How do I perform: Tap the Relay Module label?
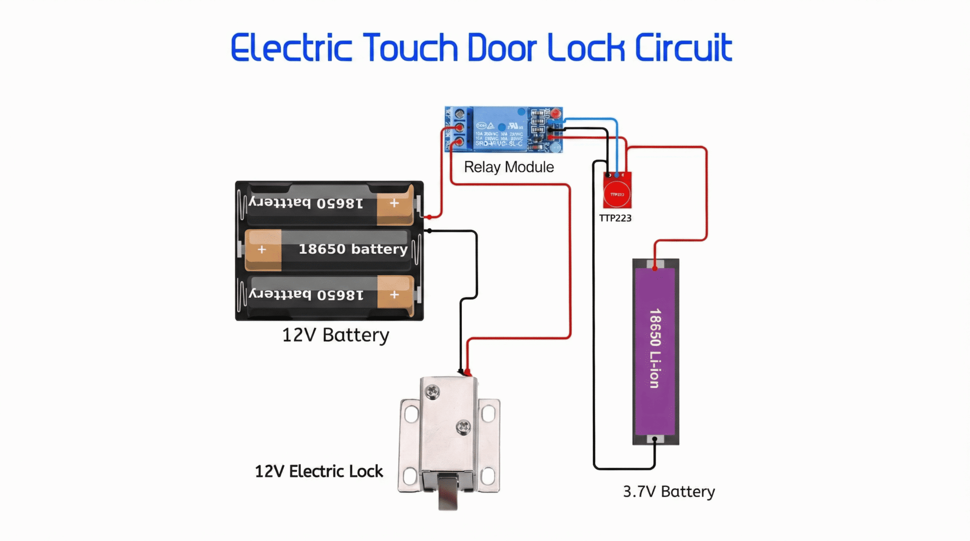509,167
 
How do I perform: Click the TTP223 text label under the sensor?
615,218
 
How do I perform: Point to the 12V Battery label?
335,335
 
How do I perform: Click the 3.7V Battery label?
668,491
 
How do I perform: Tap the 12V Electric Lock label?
319,471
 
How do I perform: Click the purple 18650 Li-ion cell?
655,350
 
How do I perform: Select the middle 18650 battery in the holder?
327,249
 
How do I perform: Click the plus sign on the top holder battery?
394,203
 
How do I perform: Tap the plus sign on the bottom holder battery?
394,295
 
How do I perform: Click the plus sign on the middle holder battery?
262,249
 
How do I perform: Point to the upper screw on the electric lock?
432,391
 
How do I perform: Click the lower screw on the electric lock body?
463,427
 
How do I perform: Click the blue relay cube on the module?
500,129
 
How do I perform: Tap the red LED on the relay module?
556,114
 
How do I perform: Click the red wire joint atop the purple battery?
655,268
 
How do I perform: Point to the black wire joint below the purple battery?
655,439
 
